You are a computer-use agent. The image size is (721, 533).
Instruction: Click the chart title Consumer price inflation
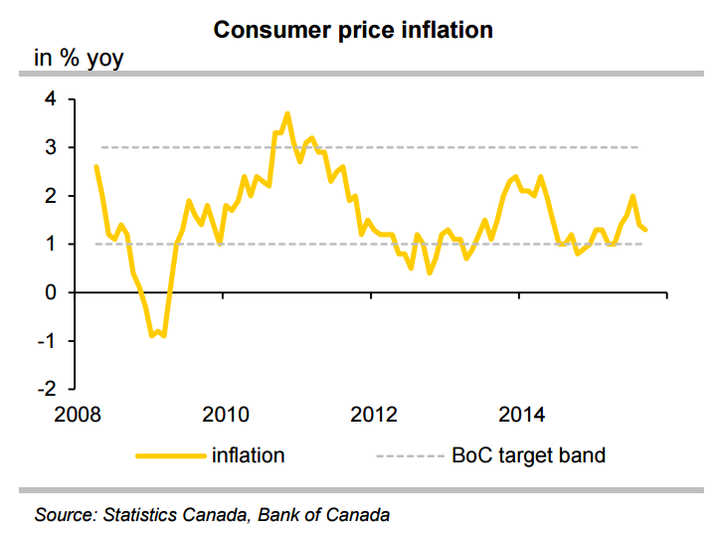coord(354,30)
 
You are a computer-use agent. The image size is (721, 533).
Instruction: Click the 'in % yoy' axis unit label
coord(79,59)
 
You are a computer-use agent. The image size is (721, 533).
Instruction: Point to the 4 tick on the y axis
coord(50,99)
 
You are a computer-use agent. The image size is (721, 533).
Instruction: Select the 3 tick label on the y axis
coord(50,147)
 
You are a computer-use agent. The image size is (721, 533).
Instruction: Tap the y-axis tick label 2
coord(50,196)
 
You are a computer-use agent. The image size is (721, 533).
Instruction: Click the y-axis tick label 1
coord(50,245)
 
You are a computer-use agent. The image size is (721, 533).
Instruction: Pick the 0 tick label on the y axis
coord(50,292)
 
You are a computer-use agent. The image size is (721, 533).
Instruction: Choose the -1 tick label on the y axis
coord(46,340)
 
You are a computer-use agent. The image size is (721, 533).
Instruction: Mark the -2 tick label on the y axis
coord(46,388)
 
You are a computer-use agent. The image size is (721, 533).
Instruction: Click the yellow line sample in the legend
coord(169,456)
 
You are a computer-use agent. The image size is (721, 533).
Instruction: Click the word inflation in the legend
coord(249,456)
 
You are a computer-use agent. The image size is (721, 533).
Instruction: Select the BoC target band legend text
coord(528,456)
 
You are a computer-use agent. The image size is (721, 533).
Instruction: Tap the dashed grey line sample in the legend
coord(408,456)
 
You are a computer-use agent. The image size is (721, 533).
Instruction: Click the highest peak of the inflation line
coord(287,114)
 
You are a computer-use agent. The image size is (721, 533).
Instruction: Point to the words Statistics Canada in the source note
coord(169,515)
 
